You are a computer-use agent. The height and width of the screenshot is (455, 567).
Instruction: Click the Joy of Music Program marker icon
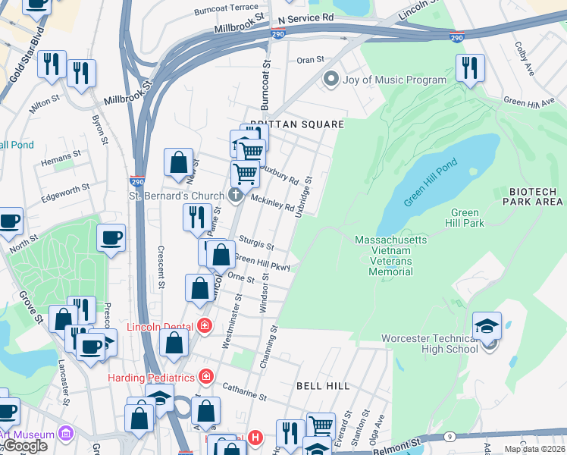[x=330, y=80]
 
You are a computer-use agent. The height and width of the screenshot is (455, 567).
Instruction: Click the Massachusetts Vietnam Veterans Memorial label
[x=390, y=256]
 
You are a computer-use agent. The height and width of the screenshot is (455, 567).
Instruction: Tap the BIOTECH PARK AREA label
[x=536, y=196]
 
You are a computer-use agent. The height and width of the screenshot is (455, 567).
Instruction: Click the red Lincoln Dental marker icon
[x=204, y=326]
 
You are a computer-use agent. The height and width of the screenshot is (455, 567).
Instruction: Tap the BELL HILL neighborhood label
[x=322, y=386]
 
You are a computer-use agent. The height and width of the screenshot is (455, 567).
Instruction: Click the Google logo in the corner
[x=24, y=446]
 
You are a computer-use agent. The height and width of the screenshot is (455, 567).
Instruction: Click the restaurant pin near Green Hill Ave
[x=470, y=67]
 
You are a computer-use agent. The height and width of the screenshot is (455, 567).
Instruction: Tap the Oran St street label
[x=310, y=59]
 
